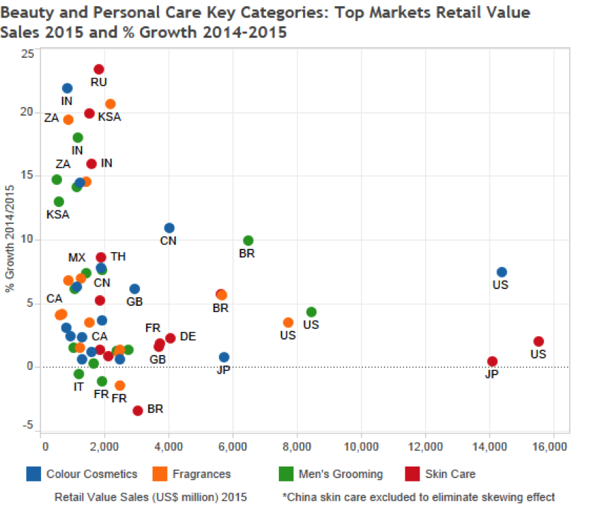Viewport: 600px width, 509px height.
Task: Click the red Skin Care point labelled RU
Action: [x=99, y=69]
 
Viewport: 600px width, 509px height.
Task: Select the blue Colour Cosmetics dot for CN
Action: [x=169, y=228]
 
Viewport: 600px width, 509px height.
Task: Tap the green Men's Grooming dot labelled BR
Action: [x=248, y=241]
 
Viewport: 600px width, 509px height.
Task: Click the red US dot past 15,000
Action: [x=538, y=342]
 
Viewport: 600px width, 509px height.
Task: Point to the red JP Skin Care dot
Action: [x=492, y=361]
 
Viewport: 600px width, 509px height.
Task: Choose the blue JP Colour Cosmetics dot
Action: [x=224, y=357]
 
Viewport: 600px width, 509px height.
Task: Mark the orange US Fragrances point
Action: [x=288, y=323]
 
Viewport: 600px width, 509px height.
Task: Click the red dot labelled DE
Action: [x=170, y=338]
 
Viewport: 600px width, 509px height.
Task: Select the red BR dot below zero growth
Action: [x=138, y=410]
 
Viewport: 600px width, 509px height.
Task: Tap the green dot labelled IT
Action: [x=79, y=374]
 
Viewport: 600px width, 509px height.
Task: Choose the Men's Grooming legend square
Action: [x=286, y=474]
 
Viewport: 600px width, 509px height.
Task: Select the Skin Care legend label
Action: [x=450, y=474]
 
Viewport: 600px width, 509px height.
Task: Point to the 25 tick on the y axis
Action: [x=28, y=54]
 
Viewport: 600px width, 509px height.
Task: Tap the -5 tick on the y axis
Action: [x=28, y=424]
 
